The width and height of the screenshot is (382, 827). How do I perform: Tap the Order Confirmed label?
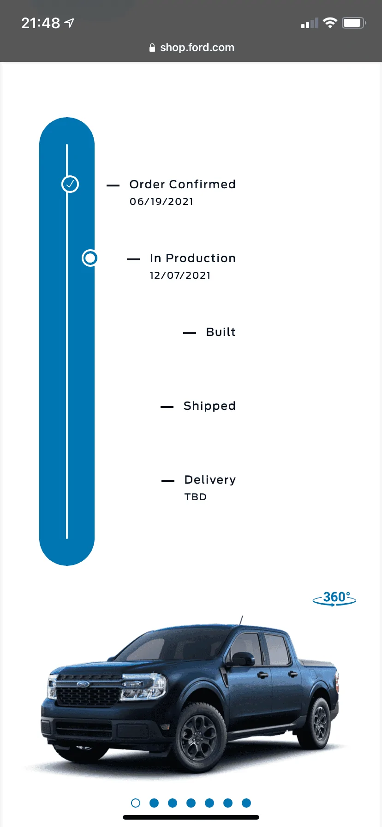(x=183, y=184)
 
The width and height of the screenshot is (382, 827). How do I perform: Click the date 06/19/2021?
(x=161, y=202)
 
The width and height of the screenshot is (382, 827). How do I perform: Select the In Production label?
(x=193, y=258)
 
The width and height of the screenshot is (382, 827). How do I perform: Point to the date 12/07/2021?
(x=180, y=276)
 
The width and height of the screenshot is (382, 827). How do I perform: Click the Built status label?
(x=221, y=332)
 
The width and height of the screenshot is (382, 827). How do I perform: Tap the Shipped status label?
(x=209, y=406)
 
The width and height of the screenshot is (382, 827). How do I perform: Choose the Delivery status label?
(x=210, y=480)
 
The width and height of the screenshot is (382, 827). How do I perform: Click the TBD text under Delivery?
(x=196, y=497)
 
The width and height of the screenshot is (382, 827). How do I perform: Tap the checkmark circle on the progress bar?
(x=70, y=184)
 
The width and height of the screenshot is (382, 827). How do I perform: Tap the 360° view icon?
(x=334, y=598)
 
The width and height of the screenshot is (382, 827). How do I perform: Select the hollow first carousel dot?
(x=136, y=803)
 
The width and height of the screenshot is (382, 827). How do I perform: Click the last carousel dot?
(x=246, y=803)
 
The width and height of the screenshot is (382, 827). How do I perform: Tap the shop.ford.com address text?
(x=197, y=48)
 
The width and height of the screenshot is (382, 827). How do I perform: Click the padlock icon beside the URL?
(x=152, y=48)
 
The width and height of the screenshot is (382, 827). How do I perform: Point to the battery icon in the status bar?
(x=354, y=23)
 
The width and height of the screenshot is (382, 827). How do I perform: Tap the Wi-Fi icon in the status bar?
(x=330, y=23)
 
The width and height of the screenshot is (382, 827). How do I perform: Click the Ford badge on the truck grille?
(x=83, y=684)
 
